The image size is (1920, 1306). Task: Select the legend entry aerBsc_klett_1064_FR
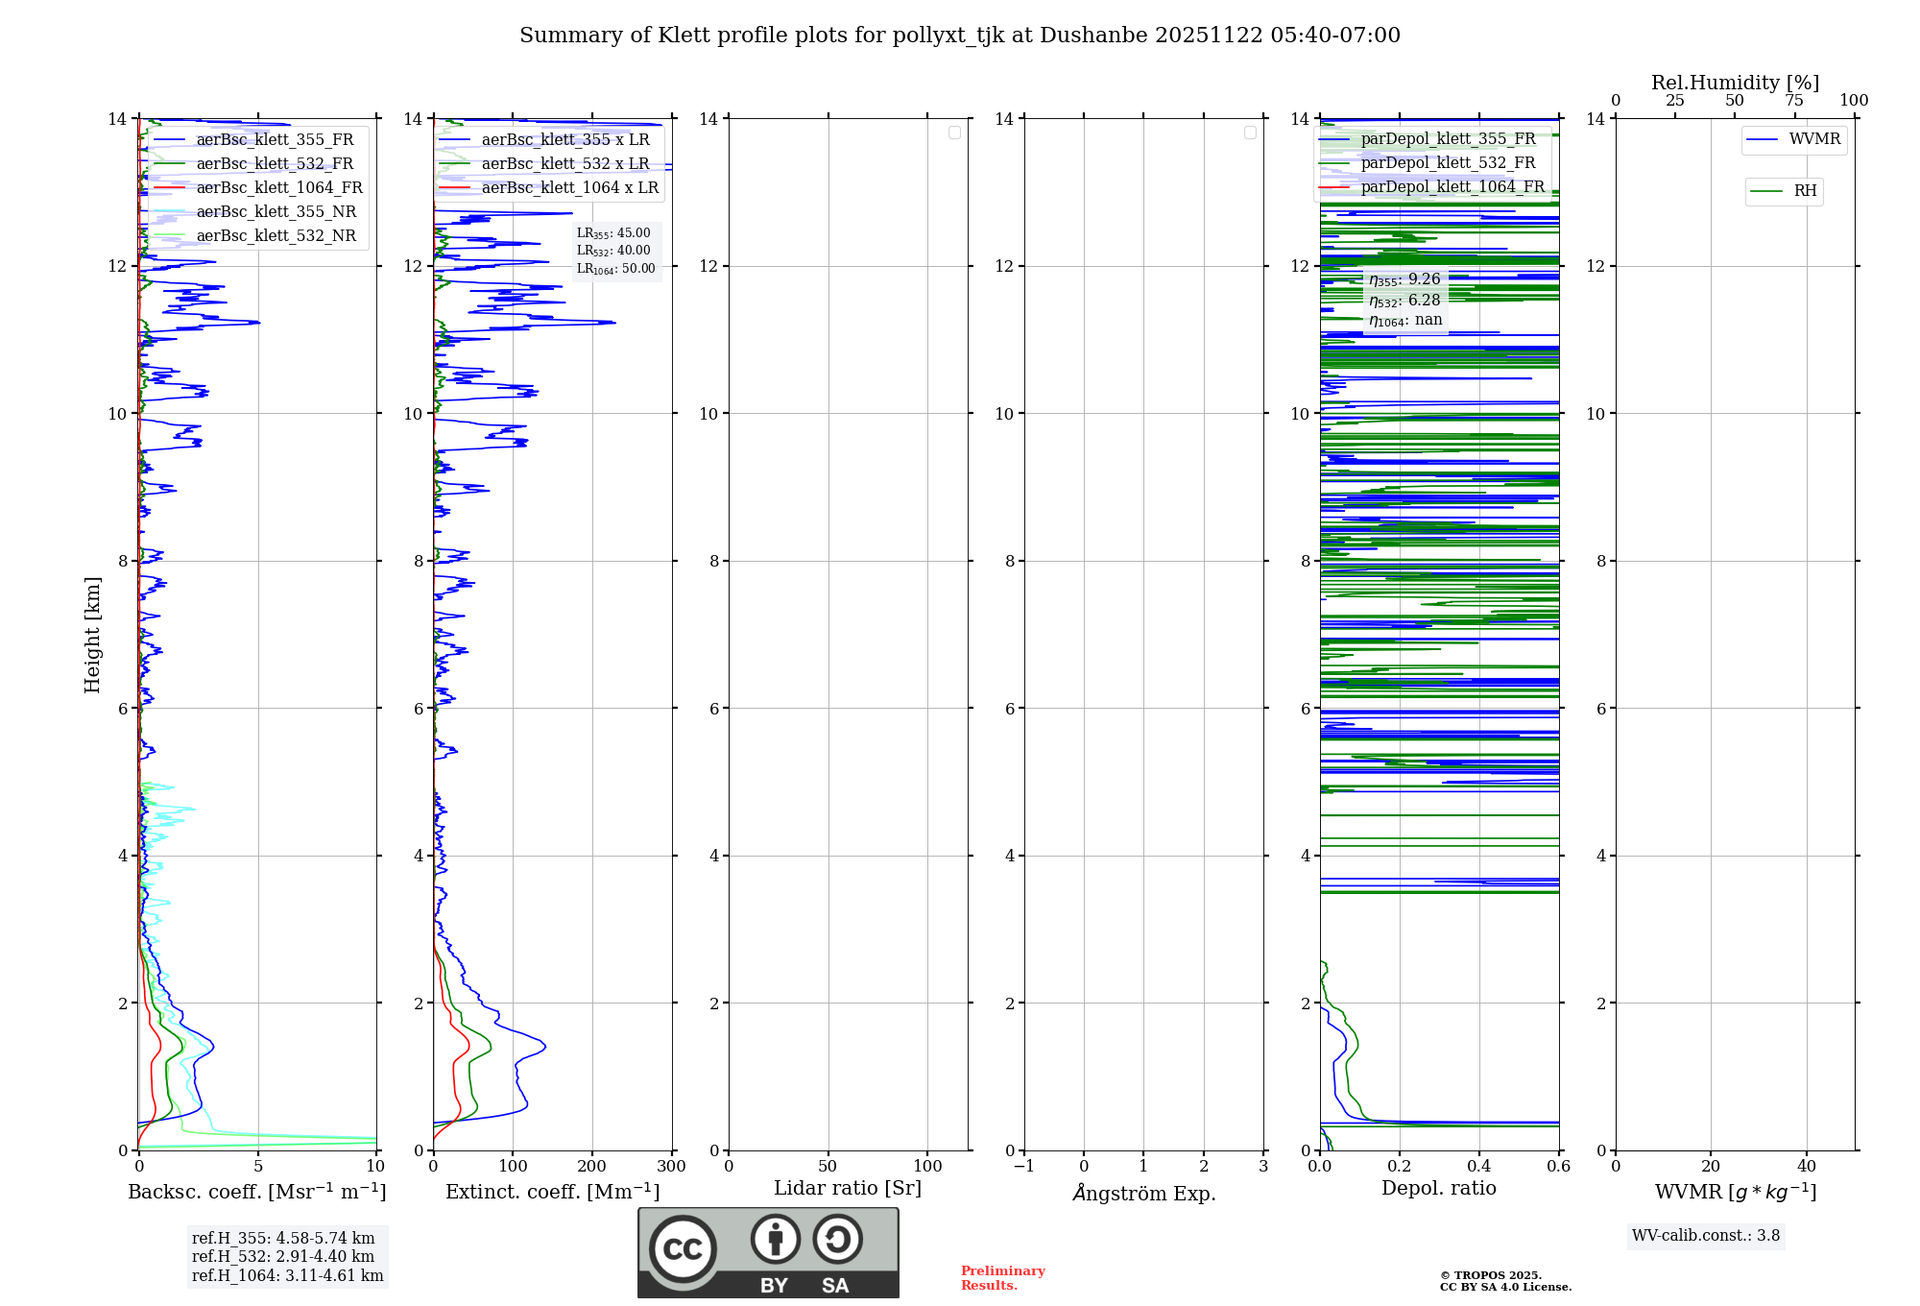coord(278,188)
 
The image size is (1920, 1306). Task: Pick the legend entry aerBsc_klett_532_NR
coord(276,236)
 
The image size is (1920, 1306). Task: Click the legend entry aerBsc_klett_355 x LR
coord(564,140)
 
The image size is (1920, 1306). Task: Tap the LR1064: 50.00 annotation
coord(615,269)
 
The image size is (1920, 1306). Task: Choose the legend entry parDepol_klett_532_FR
coord(1448,163)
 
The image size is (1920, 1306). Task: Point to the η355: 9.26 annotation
coord(1404,279)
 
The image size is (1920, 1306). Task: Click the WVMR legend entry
coord(1813,139)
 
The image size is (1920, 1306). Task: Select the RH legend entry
coord(1804,191)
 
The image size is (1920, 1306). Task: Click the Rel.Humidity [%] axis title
coord(1735,83)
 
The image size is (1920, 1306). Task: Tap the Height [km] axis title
coord(92,635)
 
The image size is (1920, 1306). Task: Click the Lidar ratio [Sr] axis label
coord(848,1188)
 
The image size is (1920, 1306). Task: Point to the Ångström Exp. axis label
coord(1144,1193)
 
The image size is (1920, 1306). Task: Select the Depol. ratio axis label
coord(1438,1188)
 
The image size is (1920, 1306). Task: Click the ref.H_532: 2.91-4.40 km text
coord(283,1256)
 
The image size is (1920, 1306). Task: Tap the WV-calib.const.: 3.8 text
coord(1706,1236)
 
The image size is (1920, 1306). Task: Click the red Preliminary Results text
coord(1002,1278)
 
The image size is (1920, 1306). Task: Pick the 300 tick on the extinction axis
coord(671,1167)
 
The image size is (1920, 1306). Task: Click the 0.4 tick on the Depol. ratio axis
coord(1479,1167)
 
